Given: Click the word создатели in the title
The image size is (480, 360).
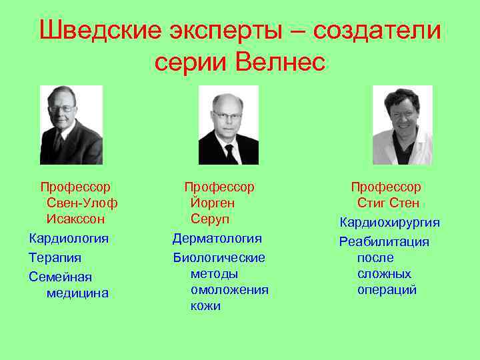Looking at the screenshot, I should coord(377,31).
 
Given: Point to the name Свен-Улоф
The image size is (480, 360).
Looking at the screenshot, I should coord(82,203).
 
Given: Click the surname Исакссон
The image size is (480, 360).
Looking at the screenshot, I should coord(75,219).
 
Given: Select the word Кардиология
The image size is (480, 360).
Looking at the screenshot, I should coord(69,238).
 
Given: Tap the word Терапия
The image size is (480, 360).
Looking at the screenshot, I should coord(55,257).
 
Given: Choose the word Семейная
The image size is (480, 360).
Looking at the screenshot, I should coord(60,277).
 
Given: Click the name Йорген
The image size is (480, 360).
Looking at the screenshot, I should coord(213,203).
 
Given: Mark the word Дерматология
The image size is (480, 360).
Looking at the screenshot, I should coord(217,238).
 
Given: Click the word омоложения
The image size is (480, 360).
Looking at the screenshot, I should coord(229,289).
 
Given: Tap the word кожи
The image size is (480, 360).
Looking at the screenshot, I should coord(205,306).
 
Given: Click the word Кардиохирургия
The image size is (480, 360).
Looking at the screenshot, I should coord(390,223).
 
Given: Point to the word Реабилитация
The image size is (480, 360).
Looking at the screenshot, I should coord(384,241).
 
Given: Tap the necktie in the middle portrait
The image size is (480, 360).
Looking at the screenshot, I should coord(229,152).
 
